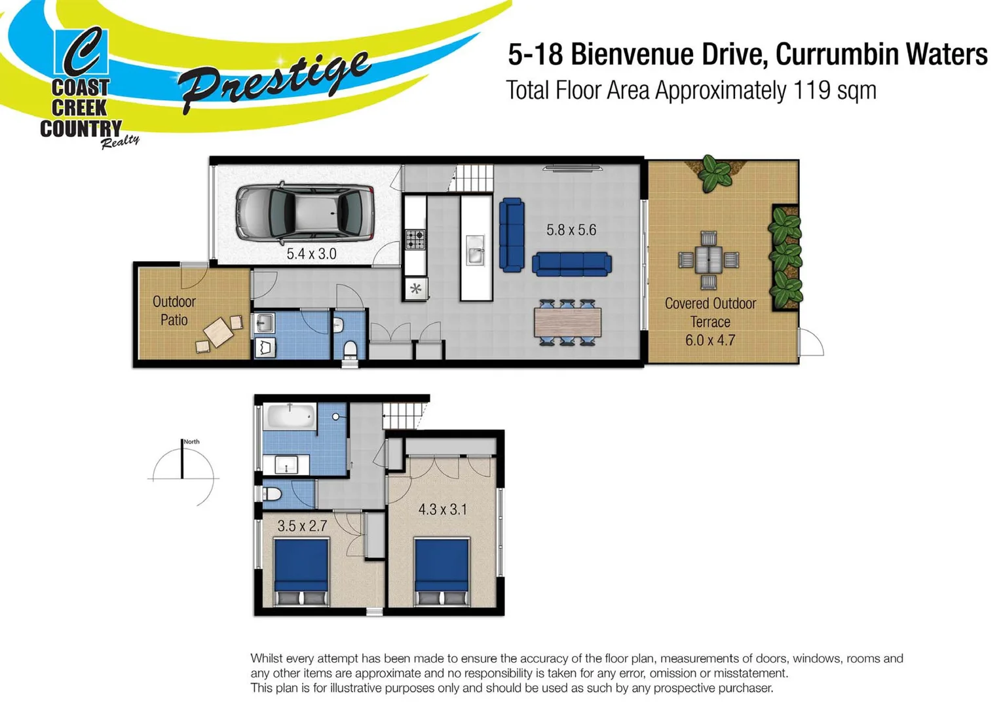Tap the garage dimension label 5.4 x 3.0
(311, 254)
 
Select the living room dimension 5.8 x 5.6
(571, 230)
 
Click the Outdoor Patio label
(174, 310)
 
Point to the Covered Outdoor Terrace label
(710, 313)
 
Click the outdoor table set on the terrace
(708, 260)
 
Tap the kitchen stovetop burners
(415, 240)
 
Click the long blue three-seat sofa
(571, 264)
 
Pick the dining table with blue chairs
(567, 322)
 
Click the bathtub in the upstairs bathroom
(290, 417)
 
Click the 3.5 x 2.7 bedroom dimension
(302, 526)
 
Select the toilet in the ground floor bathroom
(350, 349)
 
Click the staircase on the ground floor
(474, 178)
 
